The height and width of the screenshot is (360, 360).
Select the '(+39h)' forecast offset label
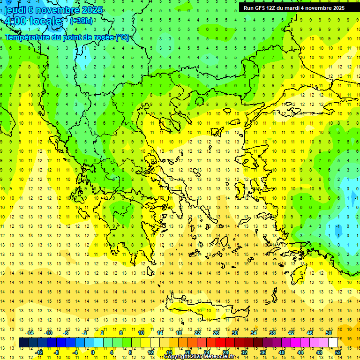pos(81,21)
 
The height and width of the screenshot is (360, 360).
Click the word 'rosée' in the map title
pos(103,37)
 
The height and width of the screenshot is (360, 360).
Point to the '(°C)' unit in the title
pos(122,37)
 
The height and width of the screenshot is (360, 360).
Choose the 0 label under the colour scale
pos(92,352)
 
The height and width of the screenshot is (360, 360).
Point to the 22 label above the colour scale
pos(197,333)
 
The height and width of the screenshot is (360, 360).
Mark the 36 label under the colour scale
pos(263,352)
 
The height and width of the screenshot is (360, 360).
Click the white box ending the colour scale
pos(333,343)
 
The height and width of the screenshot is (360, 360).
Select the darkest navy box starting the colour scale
pos(23,343)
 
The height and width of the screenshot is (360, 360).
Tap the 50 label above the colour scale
pos(329,333)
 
